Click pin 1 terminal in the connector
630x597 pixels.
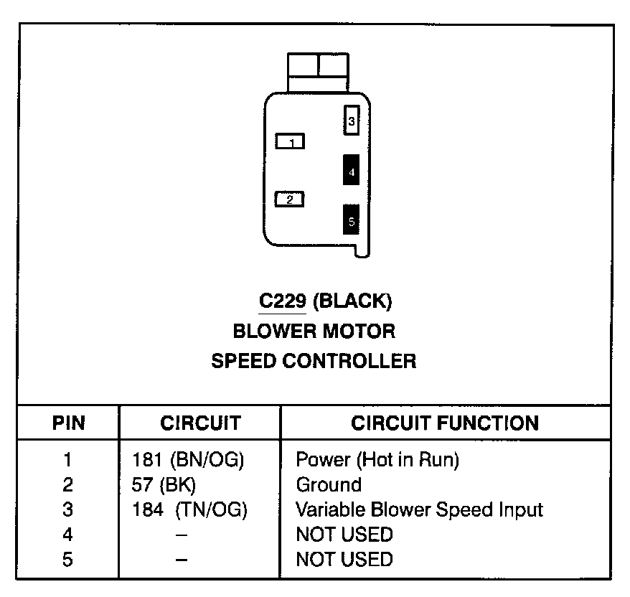291,141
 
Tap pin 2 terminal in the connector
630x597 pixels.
289,199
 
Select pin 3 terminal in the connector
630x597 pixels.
351,121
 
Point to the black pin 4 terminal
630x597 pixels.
351,170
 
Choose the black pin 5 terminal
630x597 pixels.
351,220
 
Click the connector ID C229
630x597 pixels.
283,301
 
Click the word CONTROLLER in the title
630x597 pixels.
348,360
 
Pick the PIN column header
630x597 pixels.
68,423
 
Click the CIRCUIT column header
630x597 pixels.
200,423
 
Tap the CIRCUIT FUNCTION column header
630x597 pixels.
445,423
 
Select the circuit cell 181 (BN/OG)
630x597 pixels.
188,459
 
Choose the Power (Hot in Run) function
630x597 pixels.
377,459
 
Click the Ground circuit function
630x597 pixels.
329,484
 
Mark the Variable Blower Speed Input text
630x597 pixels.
420,509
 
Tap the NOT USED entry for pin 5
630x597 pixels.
344,559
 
